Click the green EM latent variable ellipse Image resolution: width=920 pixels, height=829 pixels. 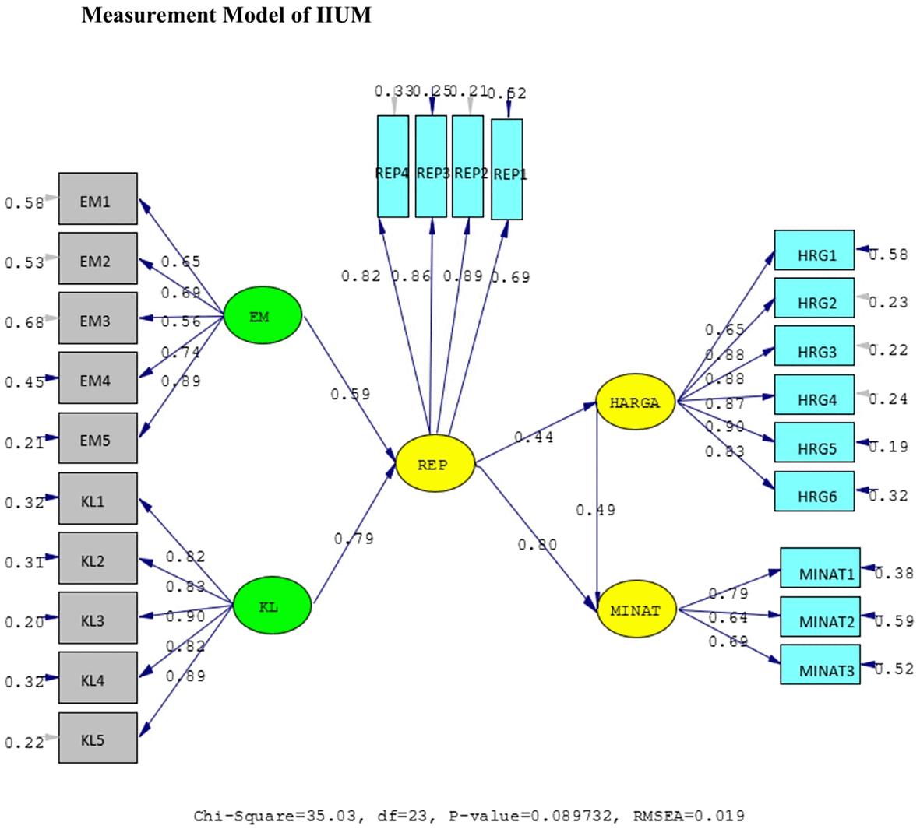coord(263,316)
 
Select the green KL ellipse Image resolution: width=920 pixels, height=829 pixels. coord(273,606)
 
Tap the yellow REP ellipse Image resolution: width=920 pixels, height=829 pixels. coord(435,464)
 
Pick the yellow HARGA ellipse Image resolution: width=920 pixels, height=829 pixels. coord(635,402)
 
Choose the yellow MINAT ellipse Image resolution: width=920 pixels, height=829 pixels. coord(635,610)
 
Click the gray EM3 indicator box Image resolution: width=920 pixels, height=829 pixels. coord(98,321)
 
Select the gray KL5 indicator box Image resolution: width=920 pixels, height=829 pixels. coord(98,739)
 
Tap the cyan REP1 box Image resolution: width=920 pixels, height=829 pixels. coord(507,170)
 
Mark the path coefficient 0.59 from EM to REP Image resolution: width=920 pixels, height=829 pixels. coord(351,394)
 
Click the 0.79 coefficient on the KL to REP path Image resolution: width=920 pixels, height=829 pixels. coord(354,539)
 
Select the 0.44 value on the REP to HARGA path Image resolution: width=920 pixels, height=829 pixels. coord(534,437)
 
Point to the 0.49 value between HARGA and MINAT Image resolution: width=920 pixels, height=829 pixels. coord(596,510)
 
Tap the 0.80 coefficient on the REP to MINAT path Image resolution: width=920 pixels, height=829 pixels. coord(538,544)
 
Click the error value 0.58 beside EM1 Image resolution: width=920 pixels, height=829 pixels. coord(24,203)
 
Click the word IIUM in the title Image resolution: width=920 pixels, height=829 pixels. coord(344,15)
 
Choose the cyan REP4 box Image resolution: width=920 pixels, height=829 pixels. coord(393,167)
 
